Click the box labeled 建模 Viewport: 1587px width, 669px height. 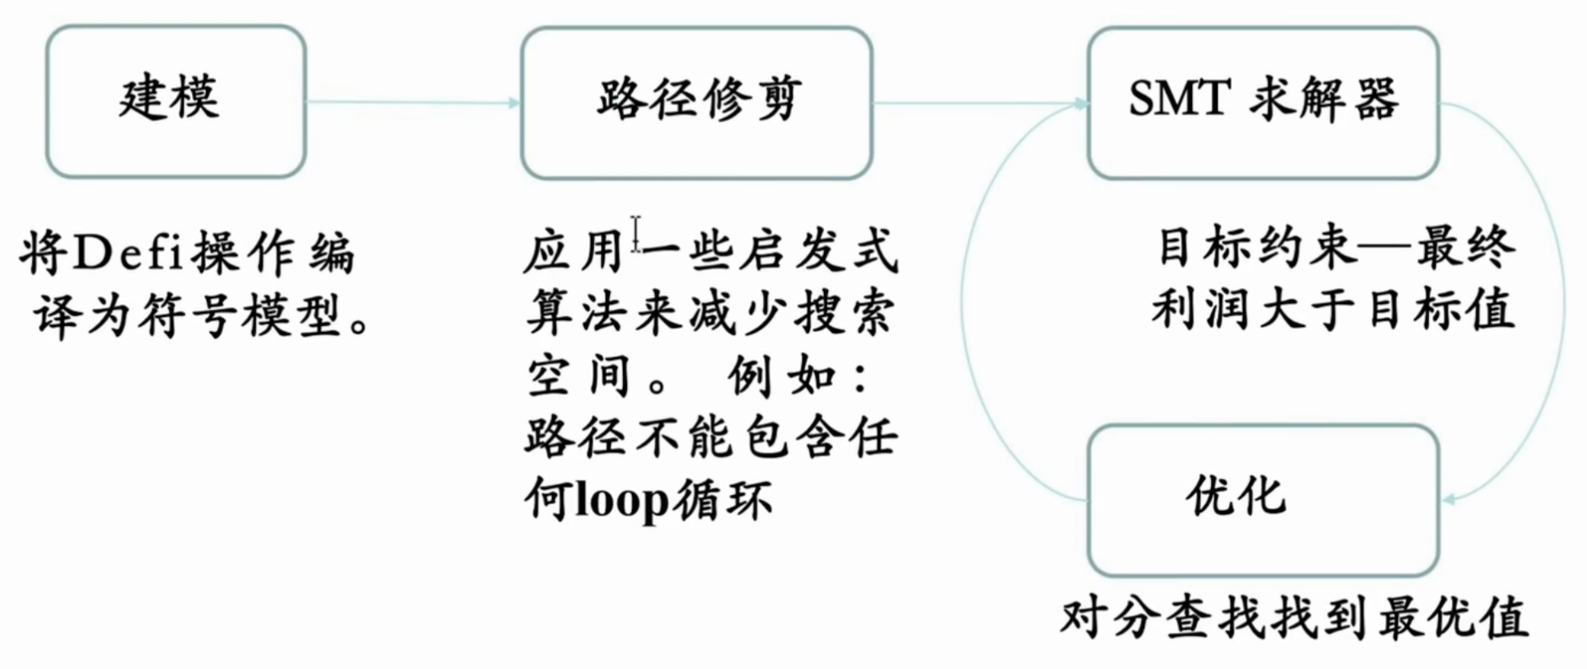[175, 101]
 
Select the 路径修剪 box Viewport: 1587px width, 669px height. [696, 102]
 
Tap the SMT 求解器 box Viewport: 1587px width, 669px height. [1263, 102]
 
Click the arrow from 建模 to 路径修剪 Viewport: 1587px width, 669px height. [412, 102]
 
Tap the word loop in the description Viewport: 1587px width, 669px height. [622, 500]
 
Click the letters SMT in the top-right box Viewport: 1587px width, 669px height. [1178, 98]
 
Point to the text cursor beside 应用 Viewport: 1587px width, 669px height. [635, 234]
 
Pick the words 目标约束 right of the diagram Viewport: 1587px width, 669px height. [1254, 248]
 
